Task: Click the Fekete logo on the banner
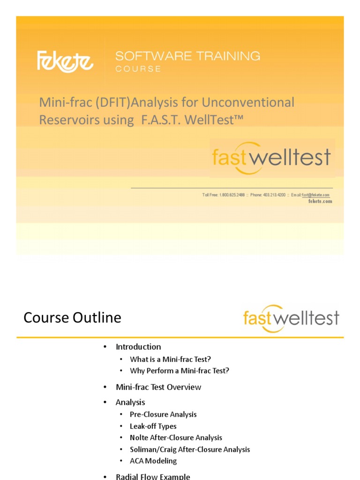click(65, 61)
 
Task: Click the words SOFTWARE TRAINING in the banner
click(187, 56)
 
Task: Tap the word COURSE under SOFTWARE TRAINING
click(138, 69)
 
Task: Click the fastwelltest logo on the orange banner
click(271, 157)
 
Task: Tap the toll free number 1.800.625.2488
click(232, 195)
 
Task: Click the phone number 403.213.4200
click(275, 195)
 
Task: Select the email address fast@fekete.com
click(315, 195)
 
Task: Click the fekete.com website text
click(320, 202)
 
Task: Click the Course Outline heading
click(72, 318)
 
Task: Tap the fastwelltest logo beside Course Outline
click(291, 318)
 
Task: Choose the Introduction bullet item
click(138, 347)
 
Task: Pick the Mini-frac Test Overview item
click(158, 387)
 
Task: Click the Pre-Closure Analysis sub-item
click(163, 414)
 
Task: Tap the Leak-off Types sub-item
click(153, 426)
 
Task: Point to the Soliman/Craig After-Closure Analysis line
click(190, 450)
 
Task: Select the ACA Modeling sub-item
click(153, 461)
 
